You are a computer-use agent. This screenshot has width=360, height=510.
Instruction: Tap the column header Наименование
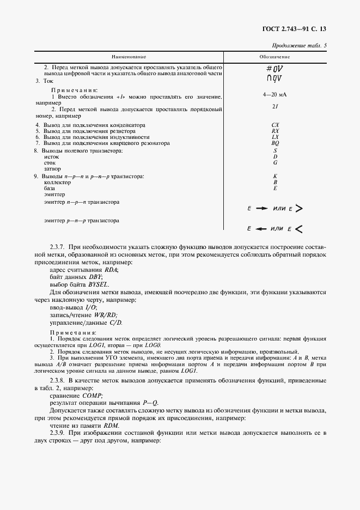[x=129, y=57]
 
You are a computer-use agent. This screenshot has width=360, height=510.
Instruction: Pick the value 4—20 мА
[x=274, y=94]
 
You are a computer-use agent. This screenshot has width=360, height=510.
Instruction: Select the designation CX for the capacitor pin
[x=275, y=125]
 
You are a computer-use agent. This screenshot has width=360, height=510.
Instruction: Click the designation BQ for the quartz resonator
[x=275, y=143]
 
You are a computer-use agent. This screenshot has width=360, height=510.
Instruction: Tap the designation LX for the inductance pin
[x=275, y=137]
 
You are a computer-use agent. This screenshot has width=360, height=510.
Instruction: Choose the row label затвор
[x=52, y=168]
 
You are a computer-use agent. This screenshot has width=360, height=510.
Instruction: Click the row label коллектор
[x=57, y=183]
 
